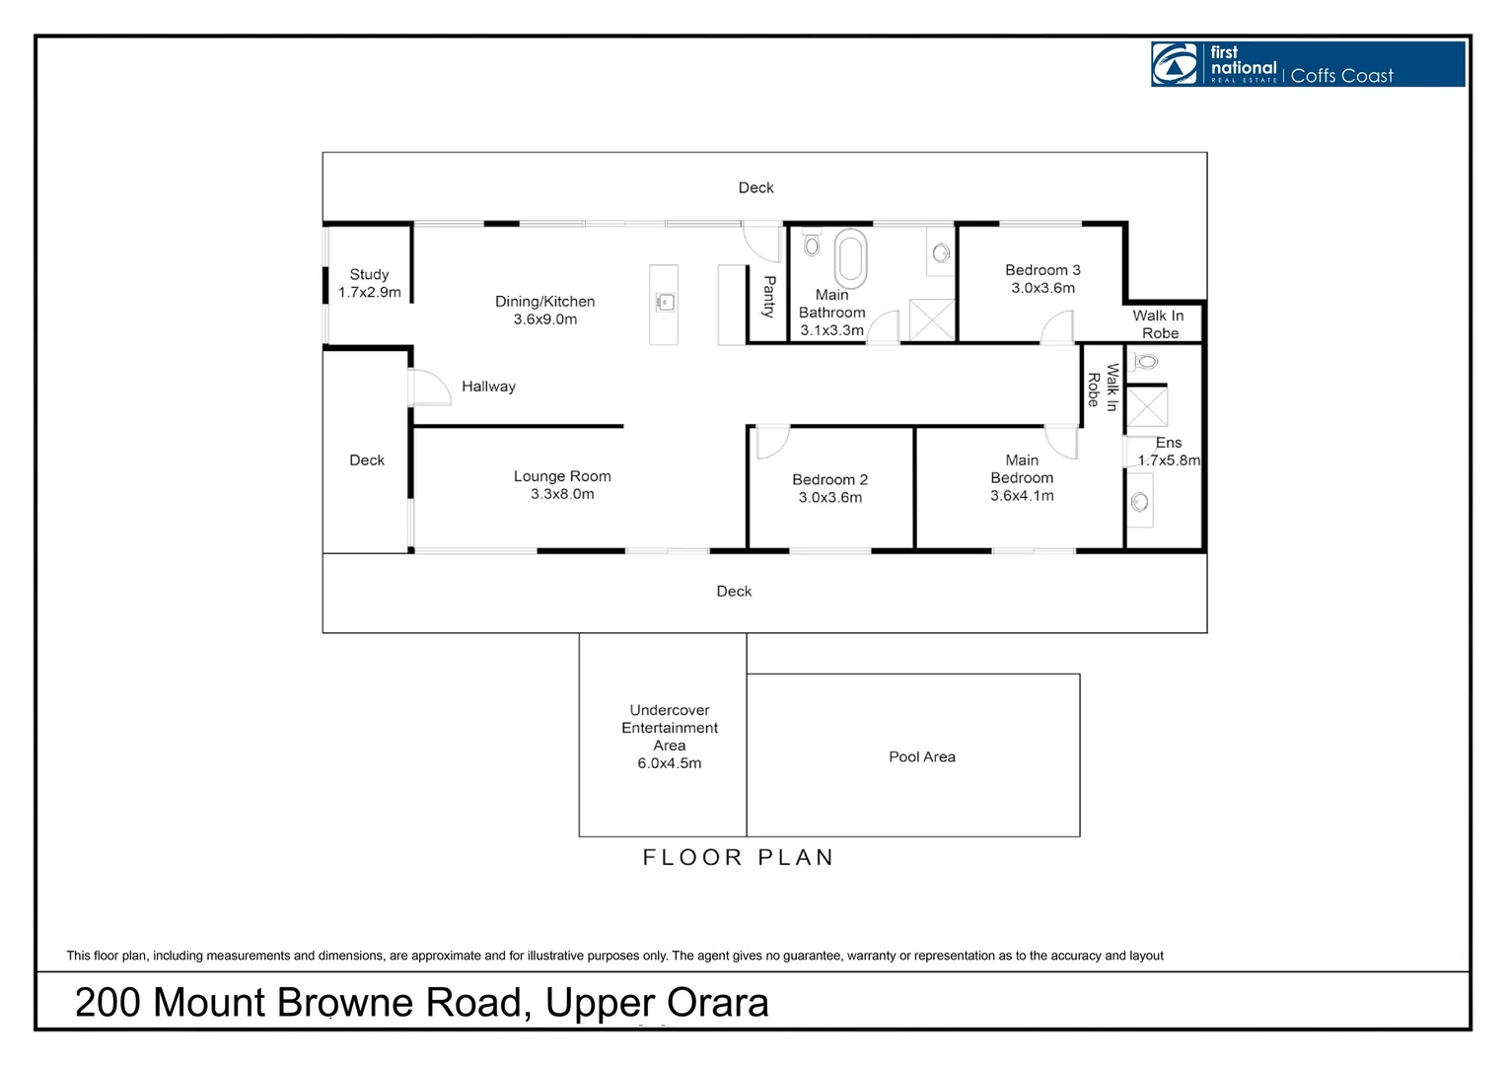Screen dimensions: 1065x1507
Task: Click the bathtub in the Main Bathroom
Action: [x=850, y=258]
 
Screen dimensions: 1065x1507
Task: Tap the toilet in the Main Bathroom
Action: [x=812, y=244]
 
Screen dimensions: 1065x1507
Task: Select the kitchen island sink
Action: [x=666, y=302]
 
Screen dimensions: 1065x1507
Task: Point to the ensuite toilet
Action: [x=1145, y=362]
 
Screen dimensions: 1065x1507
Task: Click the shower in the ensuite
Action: [x=1147, y=407]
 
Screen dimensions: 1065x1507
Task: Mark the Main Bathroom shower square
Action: [x=932, y=320]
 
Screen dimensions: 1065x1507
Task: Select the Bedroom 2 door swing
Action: [x=771, y=442]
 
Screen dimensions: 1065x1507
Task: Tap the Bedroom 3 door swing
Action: [x=1058, y=327]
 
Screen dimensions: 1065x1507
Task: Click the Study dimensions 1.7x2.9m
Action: [x=370, y=293]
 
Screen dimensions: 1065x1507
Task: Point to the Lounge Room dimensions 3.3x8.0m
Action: [x=562, y=494]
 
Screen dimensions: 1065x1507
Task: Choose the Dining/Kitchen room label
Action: [x=545, y=302]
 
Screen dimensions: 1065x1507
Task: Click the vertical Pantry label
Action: [x=769, y=296]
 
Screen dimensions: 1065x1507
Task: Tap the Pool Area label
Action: [x=922, y=757]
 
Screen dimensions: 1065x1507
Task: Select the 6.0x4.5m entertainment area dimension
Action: [x=670, y=763]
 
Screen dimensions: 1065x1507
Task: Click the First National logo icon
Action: [x=1176, y=64]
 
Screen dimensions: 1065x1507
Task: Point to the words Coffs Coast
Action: [x=1341, y=76]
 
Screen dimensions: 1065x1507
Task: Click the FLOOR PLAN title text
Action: [x=739, y=858]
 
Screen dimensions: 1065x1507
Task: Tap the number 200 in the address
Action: [x=108, y=1003]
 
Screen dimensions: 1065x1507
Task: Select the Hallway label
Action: [x=488, y=387]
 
